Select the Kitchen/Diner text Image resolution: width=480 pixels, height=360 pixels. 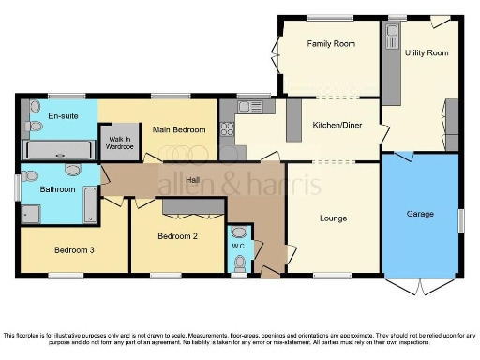click(x=337, y=124)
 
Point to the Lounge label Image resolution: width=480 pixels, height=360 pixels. click(x=333, y=218)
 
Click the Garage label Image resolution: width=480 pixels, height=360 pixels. click(x=420, y=214)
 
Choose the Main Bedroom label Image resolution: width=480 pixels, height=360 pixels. click(x=172, y=128)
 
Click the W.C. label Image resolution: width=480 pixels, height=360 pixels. click(x=238, y=247)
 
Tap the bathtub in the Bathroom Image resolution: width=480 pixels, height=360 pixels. click(x=90, y=205)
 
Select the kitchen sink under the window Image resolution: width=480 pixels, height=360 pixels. click(x=250, y=108)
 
